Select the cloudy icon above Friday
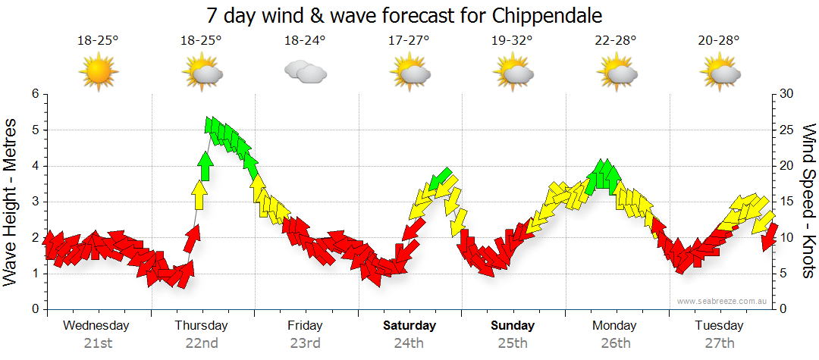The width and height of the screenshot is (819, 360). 305,73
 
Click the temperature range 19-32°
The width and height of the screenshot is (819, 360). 512,41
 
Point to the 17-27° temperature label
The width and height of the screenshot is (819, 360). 409,41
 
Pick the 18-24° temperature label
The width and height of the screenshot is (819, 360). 305,41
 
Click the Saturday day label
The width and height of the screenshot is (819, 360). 409,326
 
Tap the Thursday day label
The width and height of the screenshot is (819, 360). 201,326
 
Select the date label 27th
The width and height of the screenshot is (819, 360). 720,343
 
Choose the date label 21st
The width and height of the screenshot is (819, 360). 98,343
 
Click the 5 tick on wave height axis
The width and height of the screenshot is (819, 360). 34,130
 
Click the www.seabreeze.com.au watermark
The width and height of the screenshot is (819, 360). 723,301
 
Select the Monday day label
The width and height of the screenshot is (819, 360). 616,326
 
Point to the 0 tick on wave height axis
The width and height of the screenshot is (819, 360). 34,309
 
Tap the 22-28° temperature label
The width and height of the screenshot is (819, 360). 616,41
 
